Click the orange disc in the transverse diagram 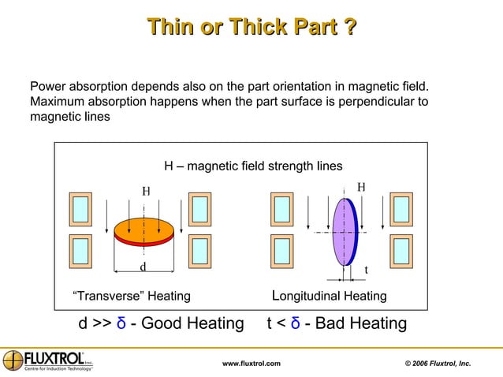pyautogui.click(x=144, y=227)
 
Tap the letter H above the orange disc pyautogui.click(x=146, y=191)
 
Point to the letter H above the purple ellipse pyautogui.click(x=361, y=187)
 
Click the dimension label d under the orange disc pyautogui.click(x=143, y=267)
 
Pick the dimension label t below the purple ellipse pyautogui.click(x=365, y=271)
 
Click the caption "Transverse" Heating pyautogui.click(x=131, y=297)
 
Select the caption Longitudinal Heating pyautogui.click(x=329, y=297)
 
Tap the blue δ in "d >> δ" pyautogui.click(x=121, y=323)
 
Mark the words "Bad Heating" pyautogui.click(x=361, y=323)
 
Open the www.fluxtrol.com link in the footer pyautogui.click(x=251, y=363)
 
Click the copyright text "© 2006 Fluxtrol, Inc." pyautogui.click(x=438, y=363)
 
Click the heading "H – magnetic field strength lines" pyautogui.click(x=253, y=166)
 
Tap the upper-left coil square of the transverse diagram pyautogui.click(x=80, y=210)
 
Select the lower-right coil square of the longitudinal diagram pyautogui.click(x=401, y=251)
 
